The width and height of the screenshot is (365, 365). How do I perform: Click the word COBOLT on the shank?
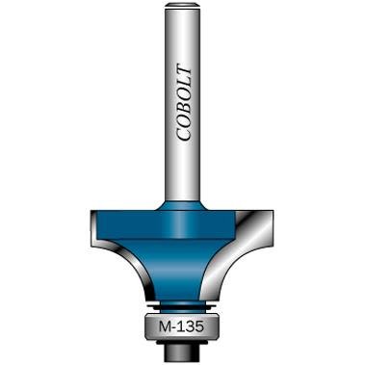[182, 103]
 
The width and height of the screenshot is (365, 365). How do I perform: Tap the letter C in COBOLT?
[182, 134]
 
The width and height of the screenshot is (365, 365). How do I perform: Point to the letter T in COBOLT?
[182, 71]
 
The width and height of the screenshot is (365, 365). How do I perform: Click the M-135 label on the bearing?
[182, 326]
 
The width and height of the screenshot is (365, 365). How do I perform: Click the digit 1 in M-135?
[182, 326]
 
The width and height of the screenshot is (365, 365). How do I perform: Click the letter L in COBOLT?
[182, 83]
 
